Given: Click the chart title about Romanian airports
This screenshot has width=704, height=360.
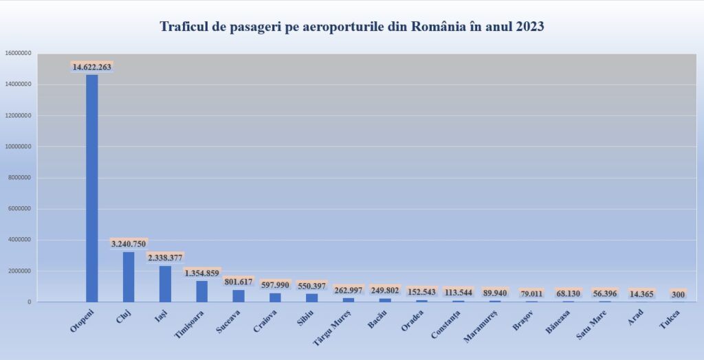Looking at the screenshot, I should [352, 27].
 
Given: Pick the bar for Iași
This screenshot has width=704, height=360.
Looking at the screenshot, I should [165, 284].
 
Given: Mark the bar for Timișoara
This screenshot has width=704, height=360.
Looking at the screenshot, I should [201, 291].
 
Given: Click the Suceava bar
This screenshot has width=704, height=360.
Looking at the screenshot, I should [239, 296].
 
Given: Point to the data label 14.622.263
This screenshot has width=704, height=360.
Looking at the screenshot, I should [91, 67].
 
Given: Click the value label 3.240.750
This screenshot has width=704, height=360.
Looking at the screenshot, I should [129, 244].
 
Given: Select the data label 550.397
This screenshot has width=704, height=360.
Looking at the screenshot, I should [312, 285].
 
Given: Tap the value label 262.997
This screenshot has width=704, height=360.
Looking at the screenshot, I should [349, 290].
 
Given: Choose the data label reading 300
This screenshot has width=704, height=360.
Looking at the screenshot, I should [678, 294].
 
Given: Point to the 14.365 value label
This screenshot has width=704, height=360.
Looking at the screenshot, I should [641, 294].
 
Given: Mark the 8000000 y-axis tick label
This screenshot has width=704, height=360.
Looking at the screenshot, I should [19, 177].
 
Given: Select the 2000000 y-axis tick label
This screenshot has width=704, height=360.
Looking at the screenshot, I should [19, 271].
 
